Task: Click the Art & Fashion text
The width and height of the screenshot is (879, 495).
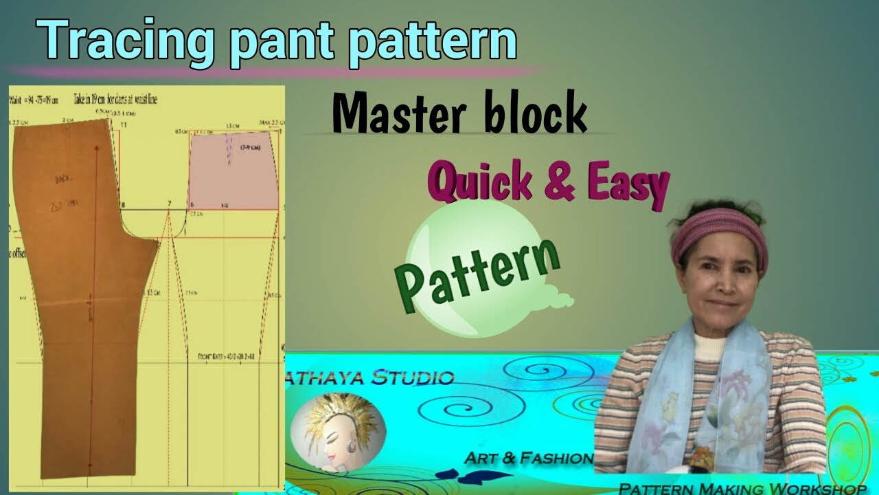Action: (528, 458)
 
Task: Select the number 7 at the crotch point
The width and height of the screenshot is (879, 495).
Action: (169, 205)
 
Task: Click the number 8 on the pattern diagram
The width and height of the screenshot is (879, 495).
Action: (123, 205)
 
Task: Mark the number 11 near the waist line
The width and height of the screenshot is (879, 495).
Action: (124, 124)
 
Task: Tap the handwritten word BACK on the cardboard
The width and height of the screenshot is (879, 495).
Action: (65, 180)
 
